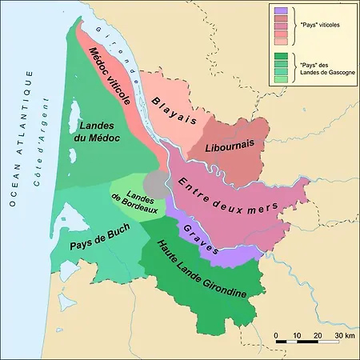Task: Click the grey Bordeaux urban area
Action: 158,183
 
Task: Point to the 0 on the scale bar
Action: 276,334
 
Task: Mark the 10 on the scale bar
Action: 297,334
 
